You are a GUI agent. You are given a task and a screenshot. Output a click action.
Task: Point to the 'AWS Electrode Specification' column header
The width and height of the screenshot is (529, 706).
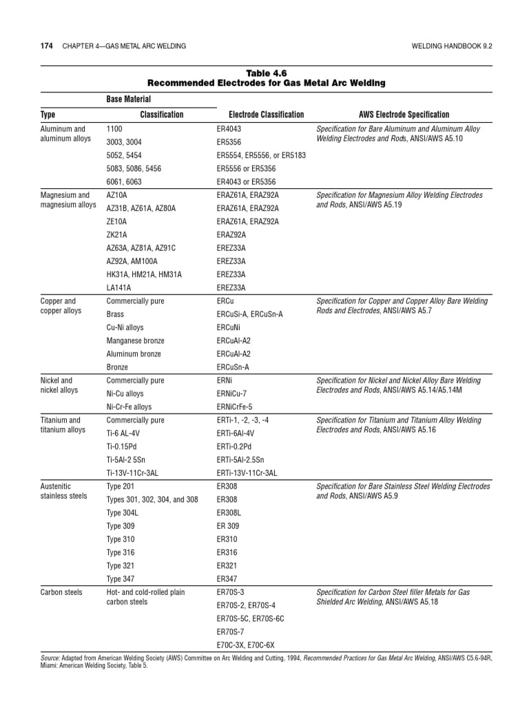point(404,114)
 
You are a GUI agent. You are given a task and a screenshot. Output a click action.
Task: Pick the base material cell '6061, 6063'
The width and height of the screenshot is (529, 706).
point(124,181)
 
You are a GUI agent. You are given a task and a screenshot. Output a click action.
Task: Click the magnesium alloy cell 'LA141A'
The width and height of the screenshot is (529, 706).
point(118,287)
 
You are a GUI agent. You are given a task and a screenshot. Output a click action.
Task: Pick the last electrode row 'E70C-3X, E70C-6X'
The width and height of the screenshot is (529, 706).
point(245,645)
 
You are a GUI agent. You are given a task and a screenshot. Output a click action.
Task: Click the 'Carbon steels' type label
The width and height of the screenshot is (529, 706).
point(61,592)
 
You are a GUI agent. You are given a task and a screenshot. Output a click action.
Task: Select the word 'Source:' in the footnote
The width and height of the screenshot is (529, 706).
point(51,659)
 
